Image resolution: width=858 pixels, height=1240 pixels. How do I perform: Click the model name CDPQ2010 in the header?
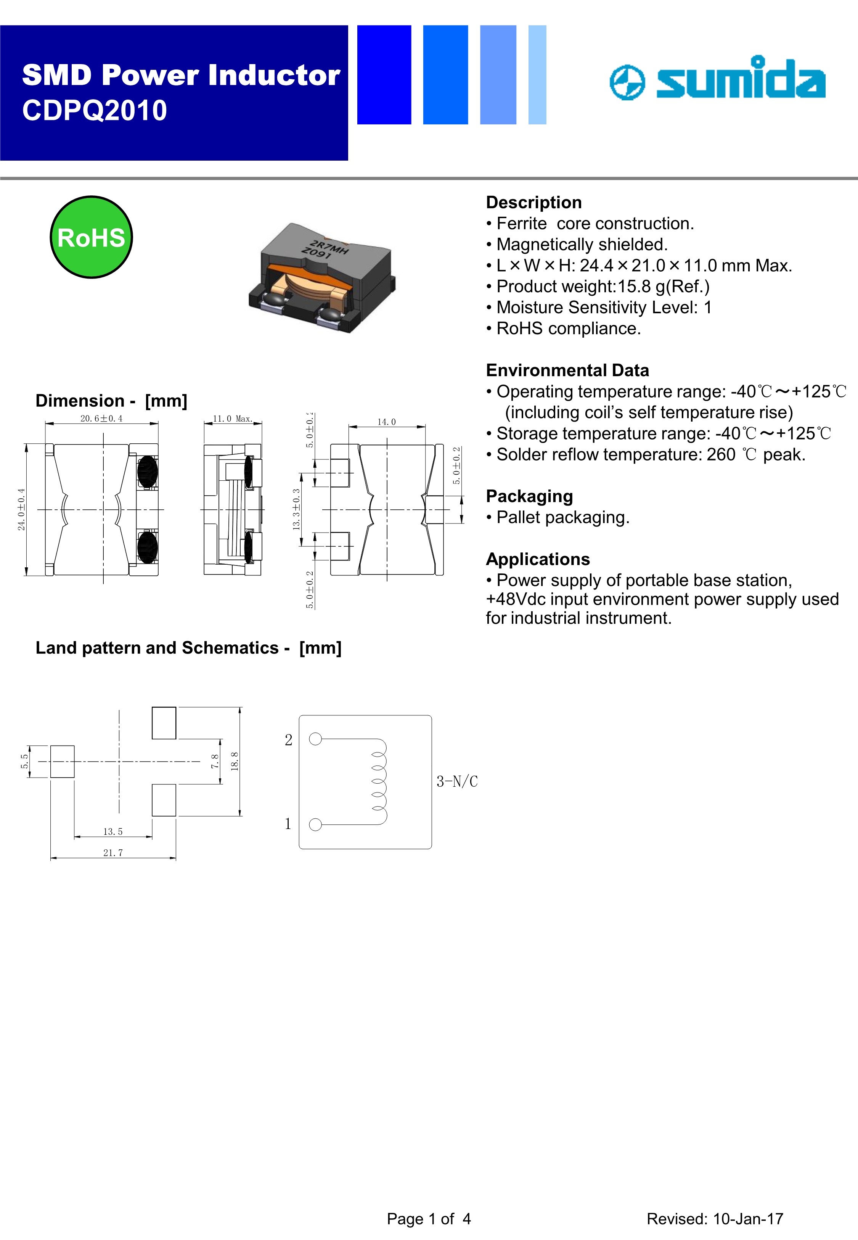[95, 111]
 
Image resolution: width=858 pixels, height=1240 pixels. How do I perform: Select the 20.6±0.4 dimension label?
[101, 418]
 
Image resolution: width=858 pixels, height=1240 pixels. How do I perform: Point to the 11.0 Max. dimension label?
[232, 418]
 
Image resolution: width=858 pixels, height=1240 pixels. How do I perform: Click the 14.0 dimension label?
[387, 422]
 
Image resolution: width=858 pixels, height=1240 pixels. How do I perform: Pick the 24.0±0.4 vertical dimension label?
[21, 509]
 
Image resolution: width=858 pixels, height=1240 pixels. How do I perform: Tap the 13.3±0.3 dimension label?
[296, 509]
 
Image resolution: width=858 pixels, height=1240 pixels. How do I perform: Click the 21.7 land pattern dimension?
[113, 853]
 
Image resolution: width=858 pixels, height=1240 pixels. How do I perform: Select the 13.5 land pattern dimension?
[113, 831]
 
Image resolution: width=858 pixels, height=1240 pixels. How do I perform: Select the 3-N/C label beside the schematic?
[457, 781]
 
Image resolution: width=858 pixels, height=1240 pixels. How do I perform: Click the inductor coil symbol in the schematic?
[379, 781]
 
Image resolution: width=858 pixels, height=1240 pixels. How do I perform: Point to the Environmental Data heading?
[567, 370]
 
